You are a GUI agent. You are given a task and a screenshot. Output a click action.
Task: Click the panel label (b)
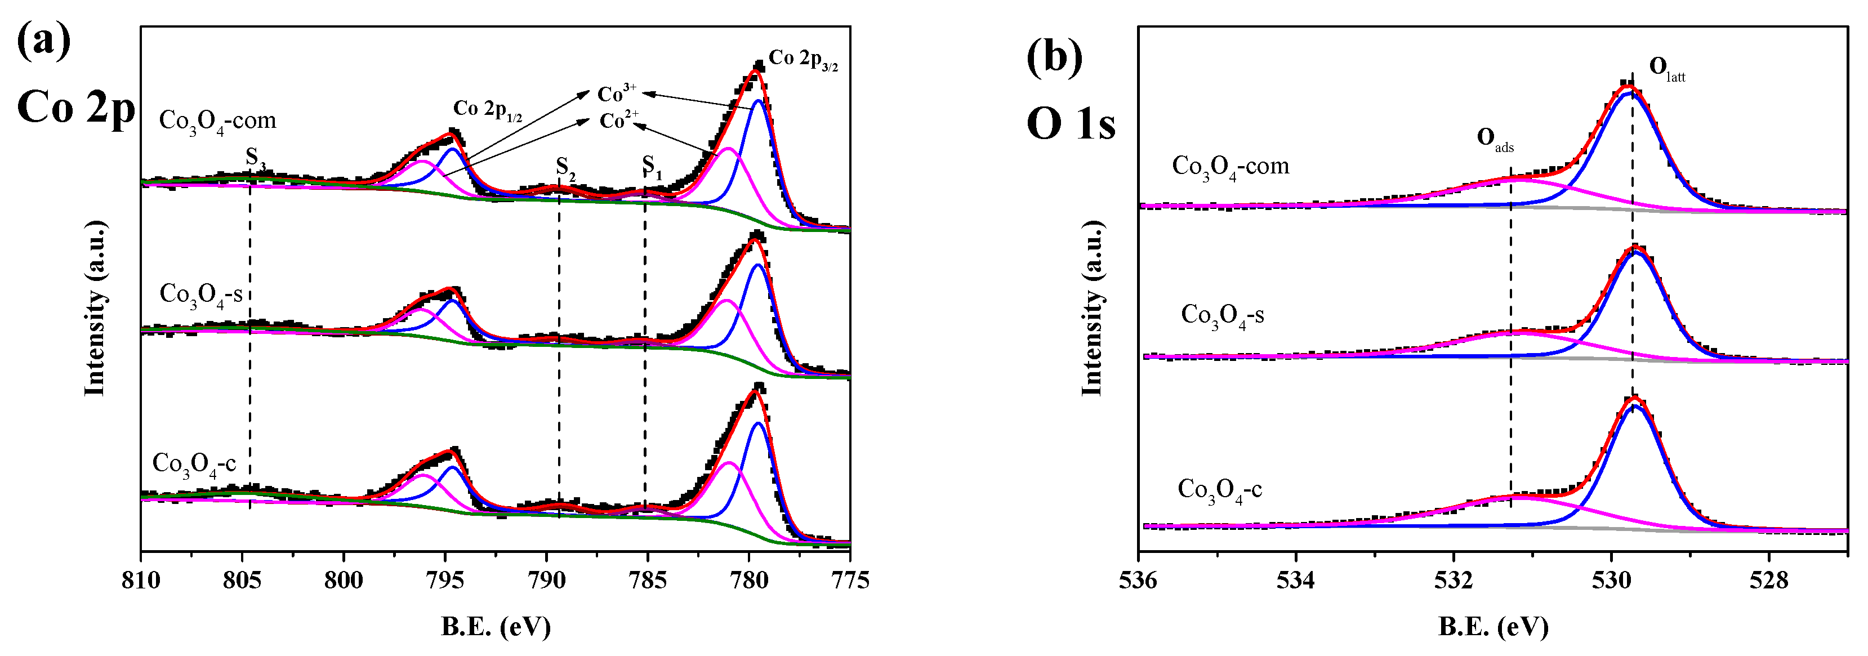click(x=1054, y=56)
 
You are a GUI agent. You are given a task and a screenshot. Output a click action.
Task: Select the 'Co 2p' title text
click(x=76, y=108)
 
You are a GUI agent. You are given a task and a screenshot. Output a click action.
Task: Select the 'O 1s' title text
click(x=1071, y=123)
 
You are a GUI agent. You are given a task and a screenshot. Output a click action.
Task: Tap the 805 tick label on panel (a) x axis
click(x=242, y=581)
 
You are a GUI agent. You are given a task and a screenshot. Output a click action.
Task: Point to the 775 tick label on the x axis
click(x=849, y=581)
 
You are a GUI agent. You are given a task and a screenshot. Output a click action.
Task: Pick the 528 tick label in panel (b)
click(x=1768, y=581)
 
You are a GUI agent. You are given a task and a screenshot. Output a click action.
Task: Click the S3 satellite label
click(x=255, y=157)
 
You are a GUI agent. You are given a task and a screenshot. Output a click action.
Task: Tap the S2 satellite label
click(x=565, y=167)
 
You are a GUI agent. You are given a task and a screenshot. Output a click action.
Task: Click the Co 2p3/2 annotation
click(x=803, y=60)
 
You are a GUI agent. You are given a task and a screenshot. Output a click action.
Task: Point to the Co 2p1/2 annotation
click(x=487, y=110)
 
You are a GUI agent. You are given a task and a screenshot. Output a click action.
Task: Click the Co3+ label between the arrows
click(x=617, y=93)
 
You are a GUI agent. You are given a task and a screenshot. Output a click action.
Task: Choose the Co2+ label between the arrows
click(x=618, y=121)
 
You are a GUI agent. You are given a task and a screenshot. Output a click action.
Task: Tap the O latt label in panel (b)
click(x=1666, y=69)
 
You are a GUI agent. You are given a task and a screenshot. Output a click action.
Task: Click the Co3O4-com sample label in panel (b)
click(x=1231, y=167)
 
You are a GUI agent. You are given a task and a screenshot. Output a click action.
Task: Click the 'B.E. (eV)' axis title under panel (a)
click(x=496, y=626)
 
